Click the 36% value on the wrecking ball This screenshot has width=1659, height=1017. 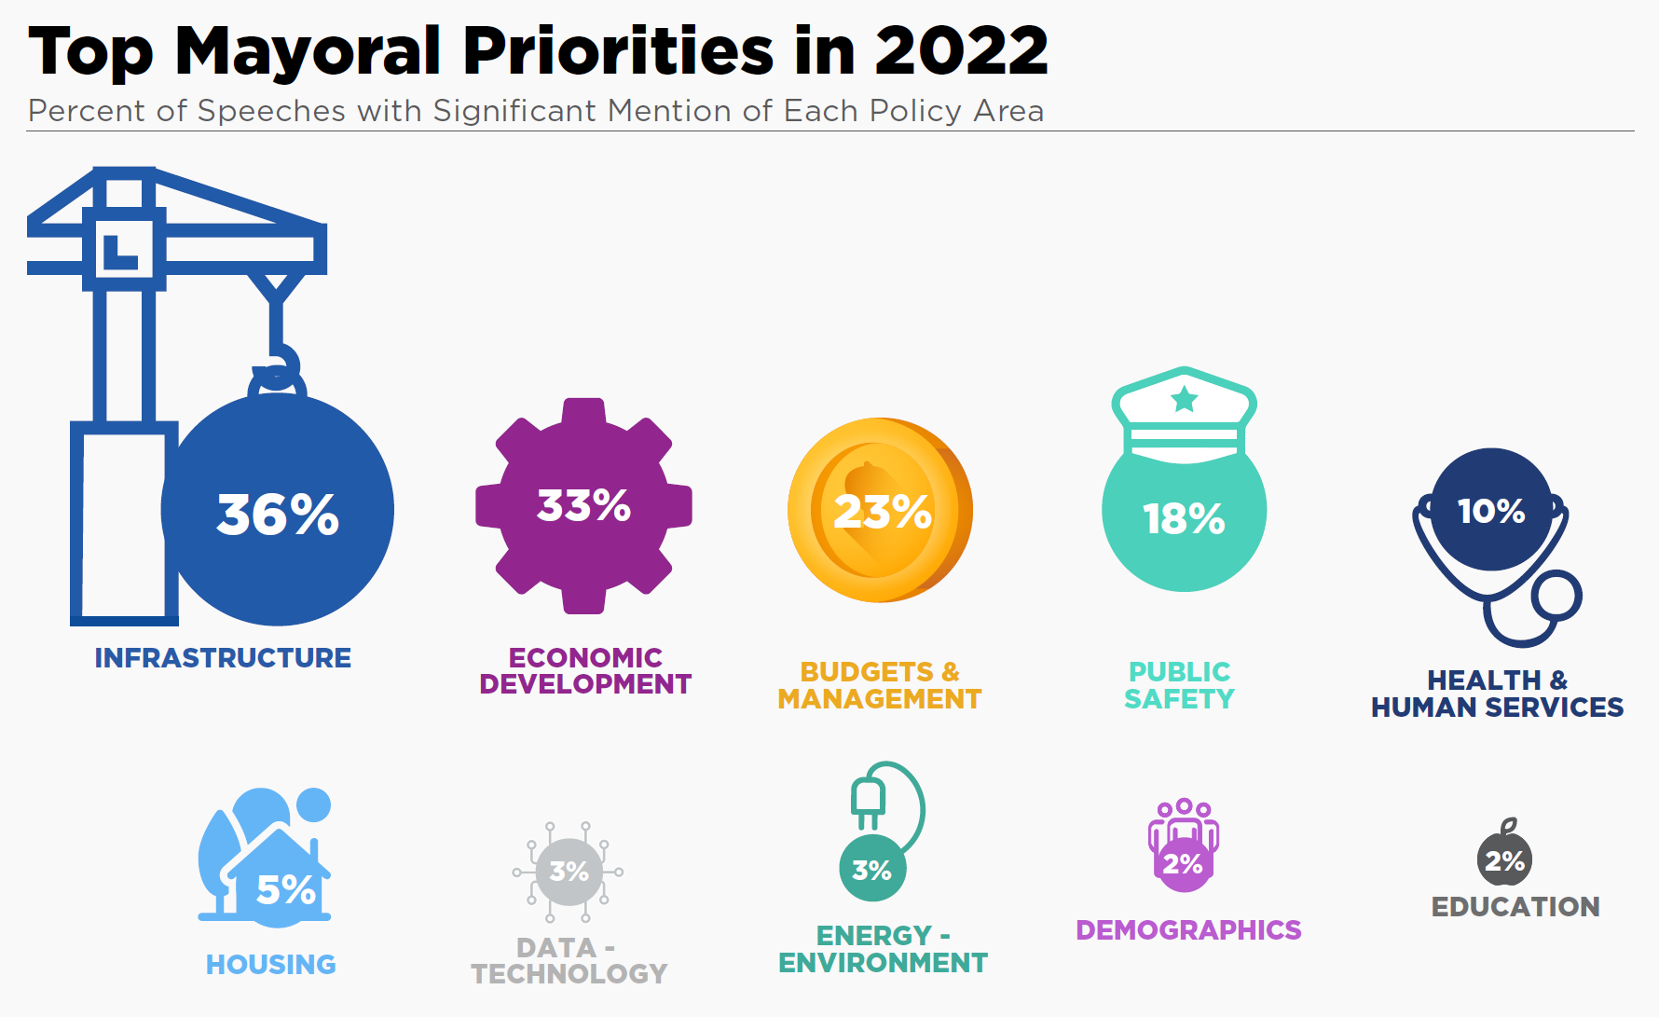pos(278,514)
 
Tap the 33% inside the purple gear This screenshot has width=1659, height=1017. pos(583,505)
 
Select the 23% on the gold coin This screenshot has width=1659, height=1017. pos(882,511)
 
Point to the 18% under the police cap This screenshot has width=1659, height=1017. pos(1184,518)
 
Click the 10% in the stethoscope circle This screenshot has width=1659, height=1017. pos(1491,511)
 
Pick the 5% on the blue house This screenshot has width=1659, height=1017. pos(286,890)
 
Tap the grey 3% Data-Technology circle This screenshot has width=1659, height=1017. pos(569,872)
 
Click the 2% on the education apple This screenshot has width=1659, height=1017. pos(1504,860)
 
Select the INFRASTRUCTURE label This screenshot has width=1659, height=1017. pos(223,658)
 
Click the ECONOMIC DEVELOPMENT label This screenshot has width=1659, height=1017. pos(585,671)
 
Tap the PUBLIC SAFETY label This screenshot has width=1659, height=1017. pos(1179,685)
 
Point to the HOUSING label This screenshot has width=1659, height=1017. pos(270,964)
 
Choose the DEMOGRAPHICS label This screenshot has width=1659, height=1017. pos(1188,930)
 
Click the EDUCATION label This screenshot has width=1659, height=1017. pos(1515,907)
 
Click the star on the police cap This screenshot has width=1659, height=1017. pos(1184,399)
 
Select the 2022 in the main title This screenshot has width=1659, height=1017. pos(960,51)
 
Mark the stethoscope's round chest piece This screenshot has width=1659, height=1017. pos(1557,597)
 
